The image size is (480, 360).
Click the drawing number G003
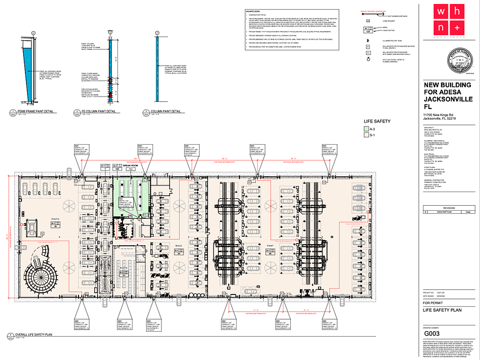pos(432,333)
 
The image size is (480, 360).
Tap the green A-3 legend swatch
pos(366,129)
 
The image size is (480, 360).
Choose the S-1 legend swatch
pos(366,136)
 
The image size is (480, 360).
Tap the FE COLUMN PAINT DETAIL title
pos(99,112)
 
